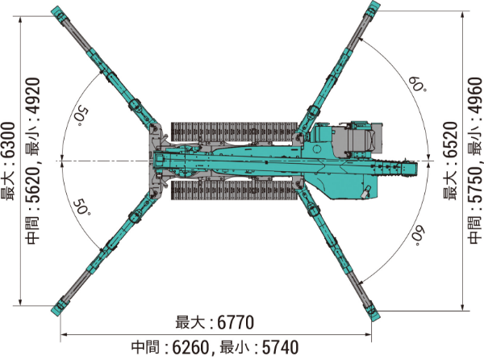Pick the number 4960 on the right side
click(x=474, y=96)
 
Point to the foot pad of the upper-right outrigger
click(x=373, y=10)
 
